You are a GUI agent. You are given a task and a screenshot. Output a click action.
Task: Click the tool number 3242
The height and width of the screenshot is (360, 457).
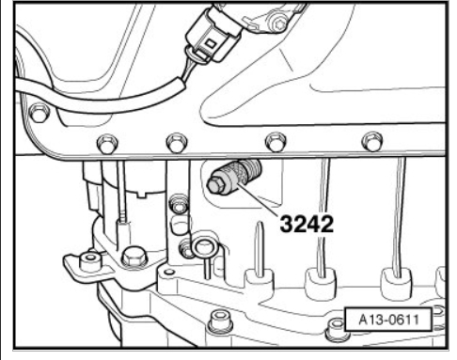307,224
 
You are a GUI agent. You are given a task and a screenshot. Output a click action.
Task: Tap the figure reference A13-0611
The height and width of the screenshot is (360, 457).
388,320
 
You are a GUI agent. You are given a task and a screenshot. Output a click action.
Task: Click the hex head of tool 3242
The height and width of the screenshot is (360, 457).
216,185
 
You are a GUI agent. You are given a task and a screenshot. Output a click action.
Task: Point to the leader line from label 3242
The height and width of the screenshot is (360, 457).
259,200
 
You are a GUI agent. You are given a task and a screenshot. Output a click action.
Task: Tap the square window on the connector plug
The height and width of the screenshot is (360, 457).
211,43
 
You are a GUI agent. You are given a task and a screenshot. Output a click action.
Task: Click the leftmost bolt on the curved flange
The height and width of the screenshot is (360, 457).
39,113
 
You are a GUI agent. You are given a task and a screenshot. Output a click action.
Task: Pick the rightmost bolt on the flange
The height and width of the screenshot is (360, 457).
372,141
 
